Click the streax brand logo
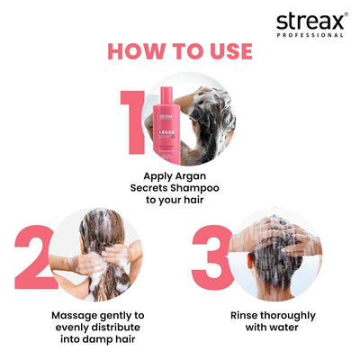[310, 20]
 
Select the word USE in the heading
[225, 51]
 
